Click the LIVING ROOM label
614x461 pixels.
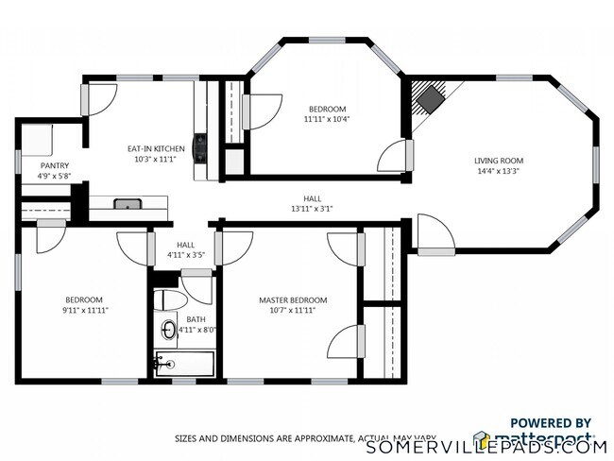[x=498, y=161]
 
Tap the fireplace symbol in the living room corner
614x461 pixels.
[x=432, y=97]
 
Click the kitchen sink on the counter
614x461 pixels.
[x=128, y=203]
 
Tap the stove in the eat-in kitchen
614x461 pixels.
[x=199, y=148]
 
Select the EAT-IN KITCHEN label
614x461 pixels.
[x=156, y=148]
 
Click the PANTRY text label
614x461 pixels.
[x=54, y=165]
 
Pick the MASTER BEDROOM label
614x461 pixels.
[x=287, y=299]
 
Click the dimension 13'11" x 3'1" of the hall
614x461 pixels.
[x=311, y=209]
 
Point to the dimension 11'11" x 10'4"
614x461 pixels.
[x=326, y=120]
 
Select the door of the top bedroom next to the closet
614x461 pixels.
[x=264, y=111]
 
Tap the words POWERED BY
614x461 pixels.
[x=551, y=423]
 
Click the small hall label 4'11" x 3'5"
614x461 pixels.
[x=186, y=255]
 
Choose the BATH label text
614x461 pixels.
[x=196, y=319]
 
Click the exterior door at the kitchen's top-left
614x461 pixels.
[x=99, y=98]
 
